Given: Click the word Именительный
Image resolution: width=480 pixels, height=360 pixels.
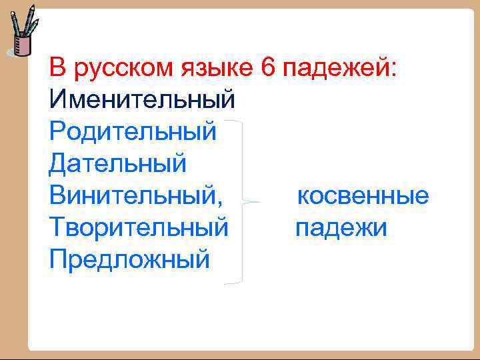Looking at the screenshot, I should click(142, 100).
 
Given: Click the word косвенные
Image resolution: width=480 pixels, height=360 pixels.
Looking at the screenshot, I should click(363, 197).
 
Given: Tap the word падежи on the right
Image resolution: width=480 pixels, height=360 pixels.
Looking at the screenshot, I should click(341, 229).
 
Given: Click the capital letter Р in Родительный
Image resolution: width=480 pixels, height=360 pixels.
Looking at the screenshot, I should click(57, 131).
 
